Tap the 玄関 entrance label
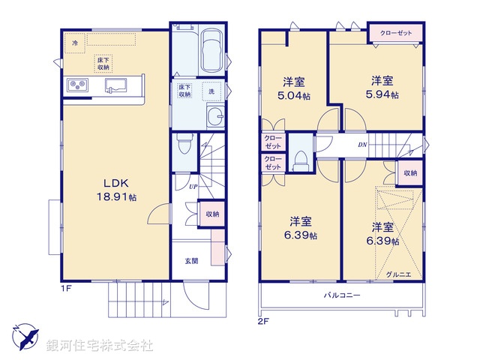pyautogui.click(x=191, y=261)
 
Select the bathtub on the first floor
pyautogui.click(x=211, y=52)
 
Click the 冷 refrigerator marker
pyautogui.click(x=75, y=43)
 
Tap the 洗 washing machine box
pyautogui.click(x=211, y=91)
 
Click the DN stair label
pyautogui.click(x=362, y=145)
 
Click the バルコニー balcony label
pyautogui.click(x=343, y=295)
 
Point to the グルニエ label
pyautogui.click(x=398, y=274)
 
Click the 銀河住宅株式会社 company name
pyautogui.click(x=99, y=346)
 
